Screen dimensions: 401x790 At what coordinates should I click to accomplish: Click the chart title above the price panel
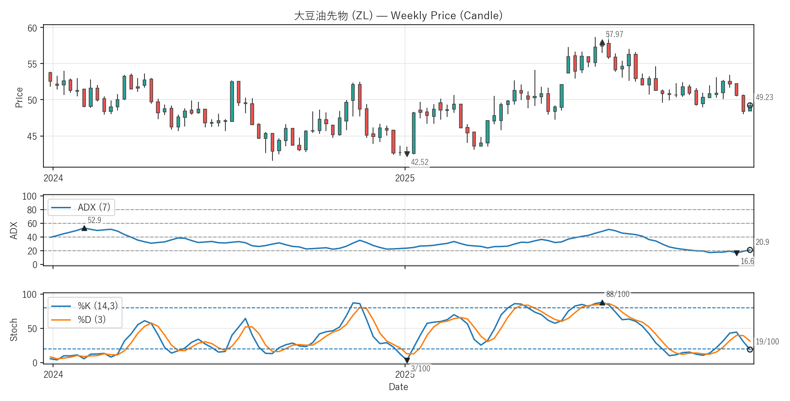point(398,16)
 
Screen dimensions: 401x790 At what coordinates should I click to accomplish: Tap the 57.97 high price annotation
point(614,35)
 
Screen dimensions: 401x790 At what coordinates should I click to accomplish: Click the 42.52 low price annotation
point(420,162)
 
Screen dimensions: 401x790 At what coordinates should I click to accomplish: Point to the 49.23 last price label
point(764,97)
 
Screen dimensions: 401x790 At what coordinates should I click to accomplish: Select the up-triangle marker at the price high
point(602,42)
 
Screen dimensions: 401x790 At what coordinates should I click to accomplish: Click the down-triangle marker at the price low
point(407,154)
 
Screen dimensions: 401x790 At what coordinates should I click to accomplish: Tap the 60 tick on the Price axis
point(32,28)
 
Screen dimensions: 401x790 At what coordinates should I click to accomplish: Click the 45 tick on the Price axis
point(32,136)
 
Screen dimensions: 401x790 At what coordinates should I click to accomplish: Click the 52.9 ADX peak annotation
point(94,220)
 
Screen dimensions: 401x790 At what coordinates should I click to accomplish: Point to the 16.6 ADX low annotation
point(747,261)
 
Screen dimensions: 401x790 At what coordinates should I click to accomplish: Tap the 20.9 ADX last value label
point(762,242)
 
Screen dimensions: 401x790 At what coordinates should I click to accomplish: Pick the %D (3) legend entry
point(91,320)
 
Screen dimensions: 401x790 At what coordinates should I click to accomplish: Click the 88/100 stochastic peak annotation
point(618,294)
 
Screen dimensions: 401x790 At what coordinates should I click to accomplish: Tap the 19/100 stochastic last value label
point(767,342)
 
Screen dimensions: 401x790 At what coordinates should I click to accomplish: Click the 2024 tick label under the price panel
point(53,178)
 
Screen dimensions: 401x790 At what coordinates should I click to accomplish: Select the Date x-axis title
point(398,387)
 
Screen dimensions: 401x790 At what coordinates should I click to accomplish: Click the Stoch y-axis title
point(14,329)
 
